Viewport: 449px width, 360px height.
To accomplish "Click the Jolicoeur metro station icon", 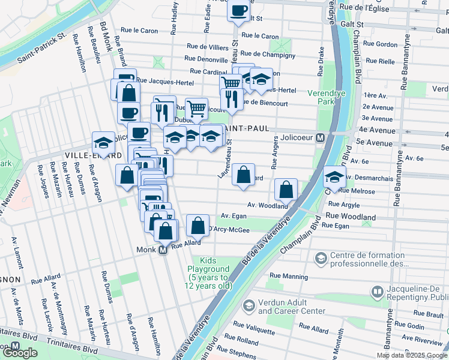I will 321,137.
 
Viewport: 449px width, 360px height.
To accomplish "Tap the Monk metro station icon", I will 162,251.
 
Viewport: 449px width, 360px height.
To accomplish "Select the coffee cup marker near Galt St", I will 238,11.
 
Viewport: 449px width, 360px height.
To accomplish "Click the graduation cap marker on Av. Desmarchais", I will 334,176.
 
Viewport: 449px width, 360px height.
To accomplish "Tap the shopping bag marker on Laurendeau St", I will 243,175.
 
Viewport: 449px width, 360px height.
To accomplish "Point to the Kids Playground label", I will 208,274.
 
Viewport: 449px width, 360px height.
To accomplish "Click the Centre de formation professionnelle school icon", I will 321,257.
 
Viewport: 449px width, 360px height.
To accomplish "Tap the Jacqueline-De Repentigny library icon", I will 377,292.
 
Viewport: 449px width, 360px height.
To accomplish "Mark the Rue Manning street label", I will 289,277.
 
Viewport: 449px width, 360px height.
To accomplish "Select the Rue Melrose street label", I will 357,191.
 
